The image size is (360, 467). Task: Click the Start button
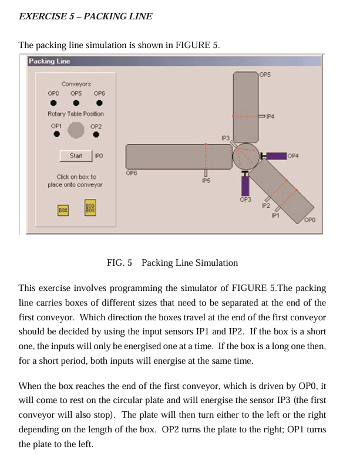76,155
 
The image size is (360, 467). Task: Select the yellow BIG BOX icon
90,208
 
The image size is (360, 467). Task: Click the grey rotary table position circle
76,130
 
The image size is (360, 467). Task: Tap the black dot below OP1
56,134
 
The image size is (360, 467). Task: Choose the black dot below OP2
96,134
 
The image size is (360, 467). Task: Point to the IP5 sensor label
206,181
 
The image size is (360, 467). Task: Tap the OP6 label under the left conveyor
132,173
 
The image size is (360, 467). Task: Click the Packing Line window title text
50,61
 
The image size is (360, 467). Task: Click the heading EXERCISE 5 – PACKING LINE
86,16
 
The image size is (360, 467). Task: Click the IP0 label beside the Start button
99,155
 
